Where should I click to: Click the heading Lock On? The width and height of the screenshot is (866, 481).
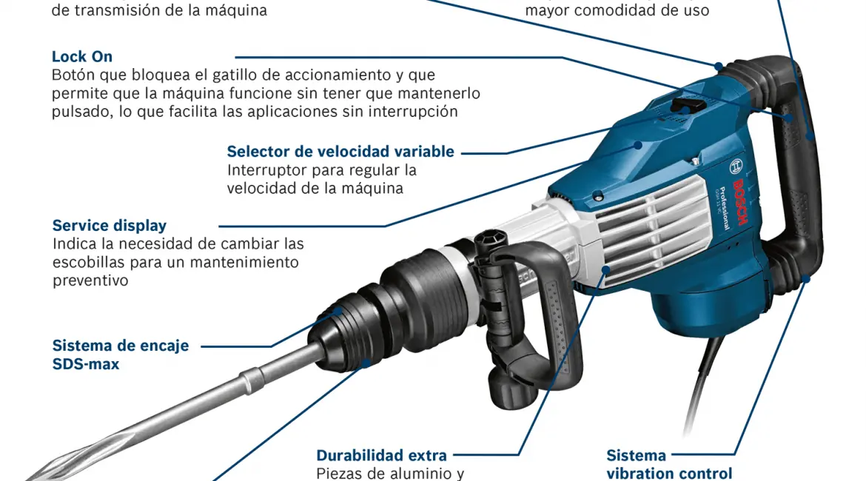[81, 57]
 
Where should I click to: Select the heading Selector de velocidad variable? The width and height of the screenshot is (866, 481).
[340, 151]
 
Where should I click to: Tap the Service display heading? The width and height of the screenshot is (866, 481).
[110, 226]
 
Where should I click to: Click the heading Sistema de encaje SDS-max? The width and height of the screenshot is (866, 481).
[121, 354]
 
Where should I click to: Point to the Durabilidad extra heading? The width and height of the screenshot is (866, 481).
[382, 456]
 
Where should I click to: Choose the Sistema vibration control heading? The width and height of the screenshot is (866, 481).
[669, 465]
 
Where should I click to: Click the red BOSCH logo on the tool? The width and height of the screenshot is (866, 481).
[739, 201]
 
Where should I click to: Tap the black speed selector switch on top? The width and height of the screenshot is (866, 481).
[687, 104]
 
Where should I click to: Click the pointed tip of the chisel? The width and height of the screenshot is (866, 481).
[27, 478]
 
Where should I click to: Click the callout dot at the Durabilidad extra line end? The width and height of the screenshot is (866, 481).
[606, 270]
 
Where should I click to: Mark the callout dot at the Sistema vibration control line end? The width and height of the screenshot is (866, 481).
[806, 280]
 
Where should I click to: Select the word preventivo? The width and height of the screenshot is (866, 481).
[90, 280]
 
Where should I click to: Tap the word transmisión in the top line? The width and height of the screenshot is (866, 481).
[114, 10]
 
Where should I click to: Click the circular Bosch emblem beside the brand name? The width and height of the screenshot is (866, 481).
[736, 166]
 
